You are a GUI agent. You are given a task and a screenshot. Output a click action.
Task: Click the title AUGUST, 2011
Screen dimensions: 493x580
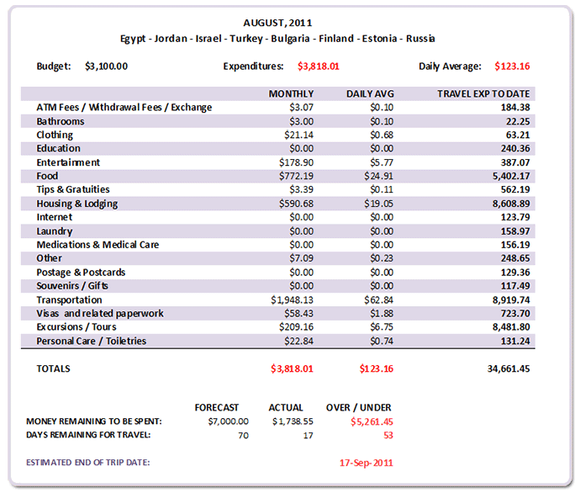point(278,23)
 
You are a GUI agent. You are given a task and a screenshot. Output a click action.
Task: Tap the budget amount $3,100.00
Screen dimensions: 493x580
point(107,66)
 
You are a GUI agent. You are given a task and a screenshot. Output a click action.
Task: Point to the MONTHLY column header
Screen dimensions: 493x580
point(291,93)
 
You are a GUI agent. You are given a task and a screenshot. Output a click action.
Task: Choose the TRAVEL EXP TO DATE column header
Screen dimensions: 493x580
point(484,93)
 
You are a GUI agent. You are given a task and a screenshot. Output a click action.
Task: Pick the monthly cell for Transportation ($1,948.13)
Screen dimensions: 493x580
point(290,300)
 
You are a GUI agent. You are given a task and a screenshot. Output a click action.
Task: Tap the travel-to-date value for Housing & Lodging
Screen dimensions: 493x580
point(505,204)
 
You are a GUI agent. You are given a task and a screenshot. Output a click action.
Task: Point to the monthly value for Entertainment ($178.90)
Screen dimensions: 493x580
point(294,162)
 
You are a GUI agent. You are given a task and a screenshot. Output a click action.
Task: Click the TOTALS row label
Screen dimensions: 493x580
point(54,368)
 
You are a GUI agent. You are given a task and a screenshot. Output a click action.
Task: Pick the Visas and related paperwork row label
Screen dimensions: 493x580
point(100,314)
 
